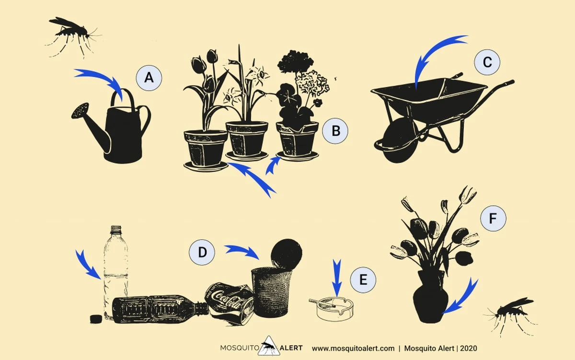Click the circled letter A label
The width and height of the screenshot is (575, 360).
tap(149, 78)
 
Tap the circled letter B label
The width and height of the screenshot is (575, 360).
tap(335, 131)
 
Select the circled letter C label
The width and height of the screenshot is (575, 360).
tap(487, 62)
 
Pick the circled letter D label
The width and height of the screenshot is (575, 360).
tap(202, 252)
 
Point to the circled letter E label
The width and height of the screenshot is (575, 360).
tap(363, 279)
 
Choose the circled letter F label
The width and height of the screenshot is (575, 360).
tap(493, 219)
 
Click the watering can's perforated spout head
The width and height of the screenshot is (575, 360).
tap(80, 111)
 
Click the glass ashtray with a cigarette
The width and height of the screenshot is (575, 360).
tap(333, 309)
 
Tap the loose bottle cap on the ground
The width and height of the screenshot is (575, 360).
tap(96, 319)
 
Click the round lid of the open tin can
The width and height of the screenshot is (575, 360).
tap(287, 254)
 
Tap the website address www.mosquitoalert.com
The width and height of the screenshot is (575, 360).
tap(353, 348)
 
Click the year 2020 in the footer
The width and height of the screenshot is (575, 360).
tap(469, 348)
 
